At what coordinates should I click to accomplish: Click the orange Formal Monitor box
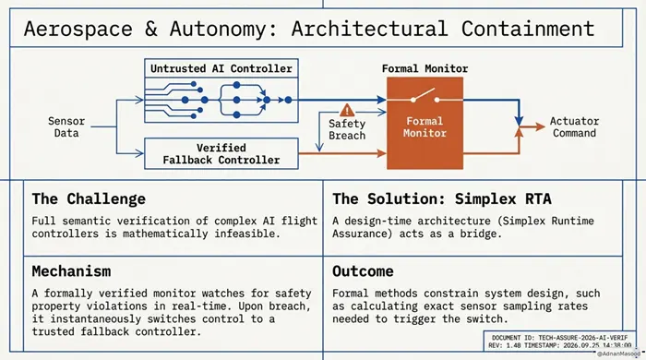425,123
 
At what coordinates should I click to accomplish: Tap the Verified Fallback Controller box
221,153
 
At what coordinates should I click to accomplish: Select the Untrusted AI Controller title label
221,68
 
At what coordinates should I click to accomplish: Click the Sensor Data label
66,126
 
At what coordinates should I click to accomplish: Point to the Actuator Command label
574,126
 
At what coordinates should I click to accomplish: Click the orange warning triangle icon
347,110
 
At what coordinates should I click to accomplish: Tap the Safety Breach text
347,130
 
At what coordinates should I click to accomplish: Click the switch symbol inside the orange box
425,97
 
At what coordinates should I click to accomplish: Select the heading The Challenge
89,199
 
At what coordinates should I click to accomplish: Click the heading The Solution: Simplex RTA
442,199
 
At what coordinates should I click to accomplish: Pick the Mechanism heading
71,271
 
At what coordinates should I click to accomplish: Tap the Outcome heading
363,271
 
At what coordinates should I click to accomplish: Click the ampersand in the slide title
150,30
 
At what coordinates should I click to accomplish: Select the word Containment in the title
528,29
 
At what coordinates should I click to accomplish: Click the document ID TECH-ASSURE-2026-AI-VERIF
559,338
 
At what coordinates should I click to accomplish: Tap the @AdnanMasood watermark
618,354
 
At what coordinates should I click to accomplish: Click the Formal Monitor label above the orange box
425,68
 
